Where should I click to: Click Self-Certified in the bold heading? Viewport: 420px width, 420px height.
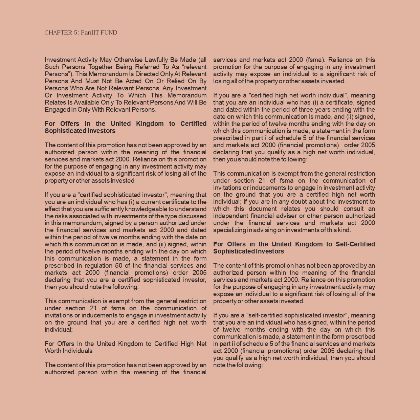tap(355, 244)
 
